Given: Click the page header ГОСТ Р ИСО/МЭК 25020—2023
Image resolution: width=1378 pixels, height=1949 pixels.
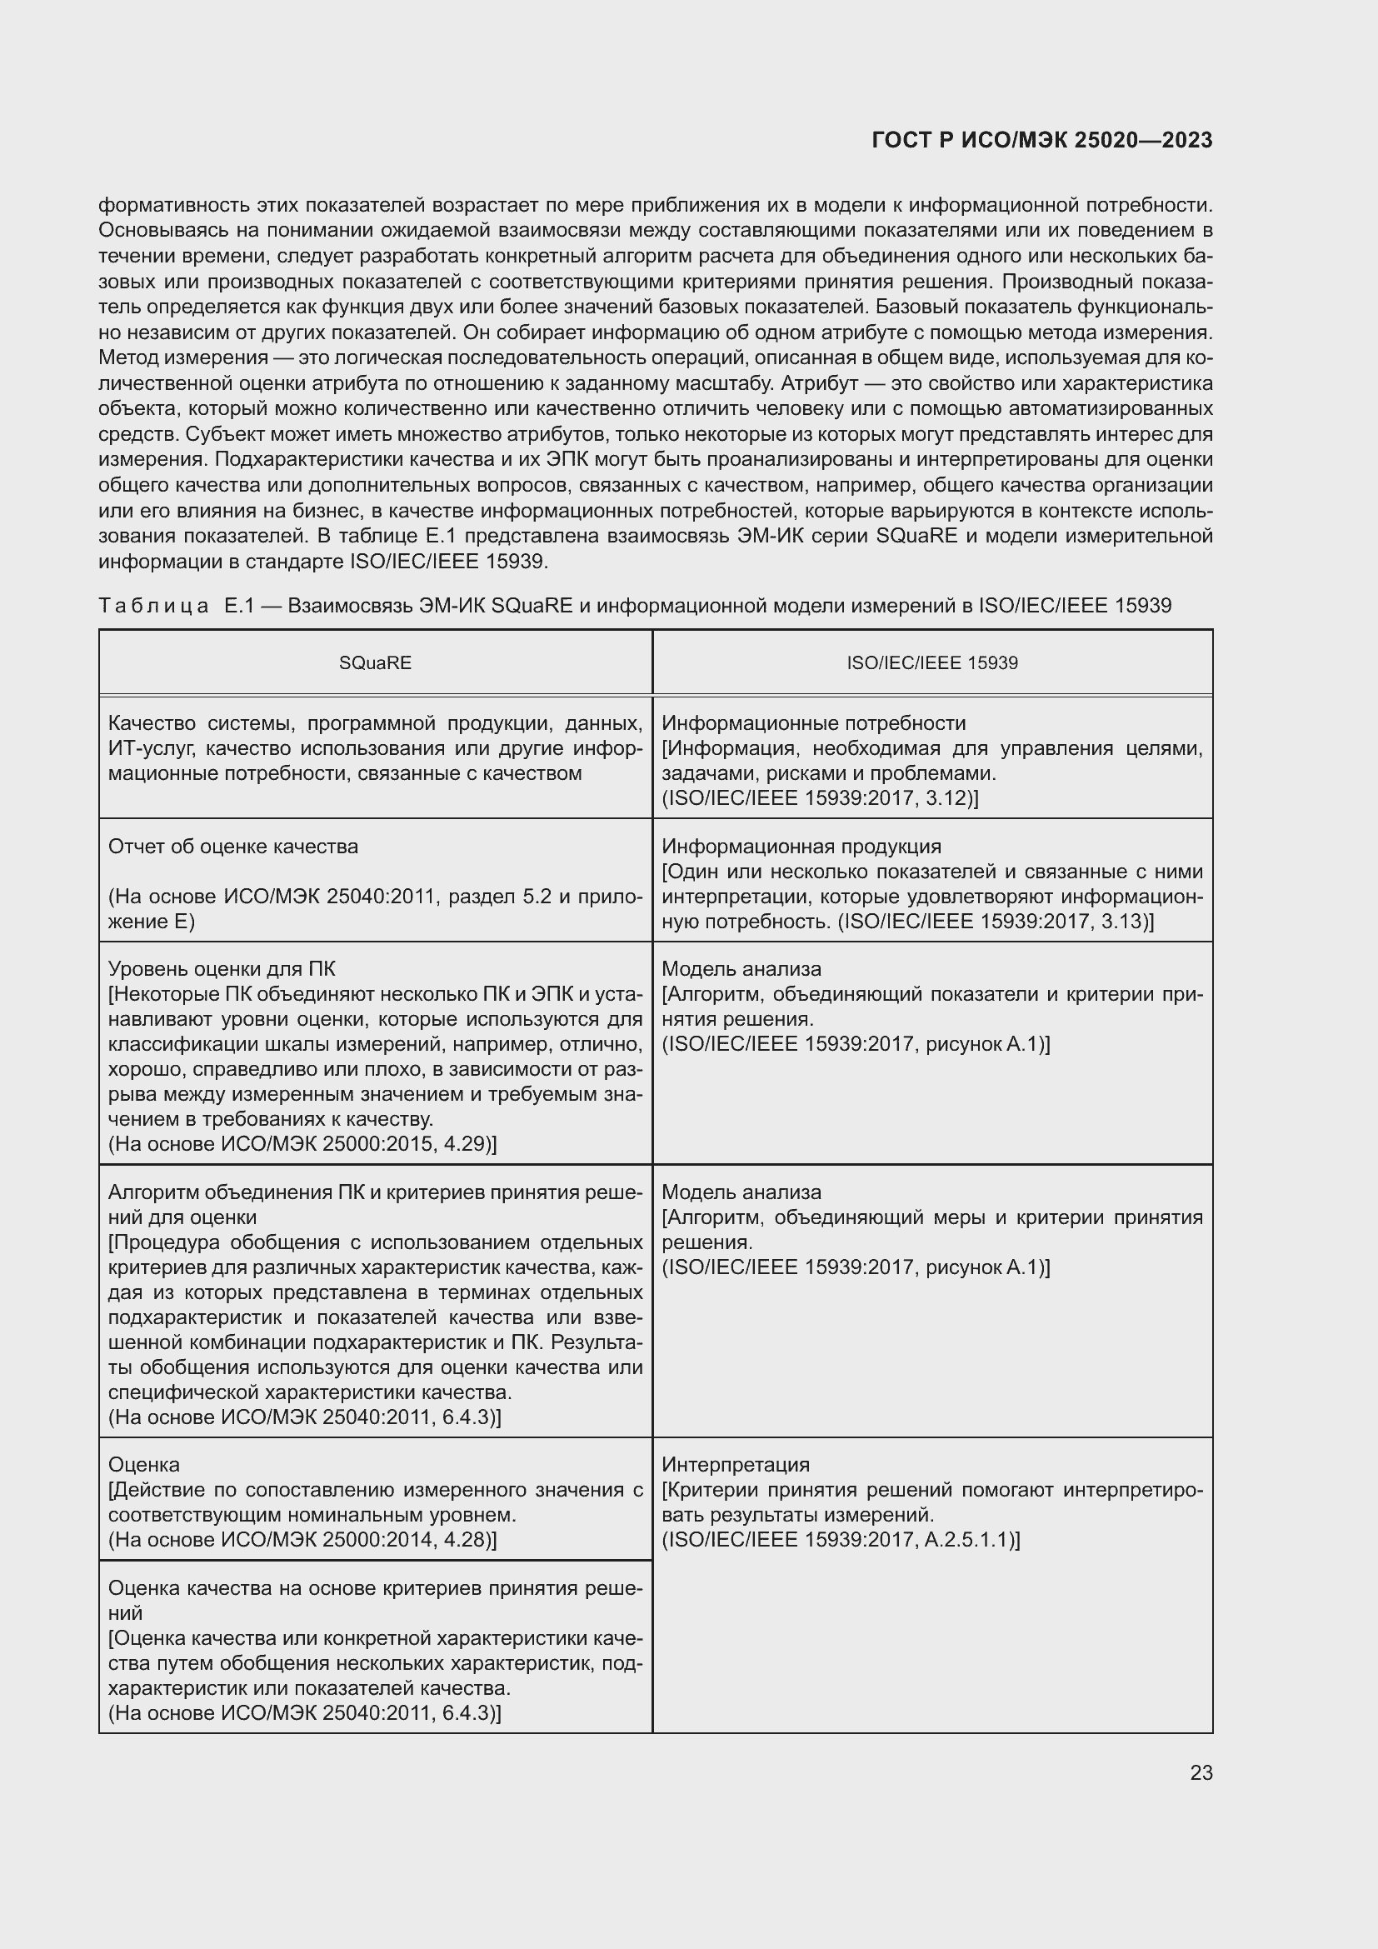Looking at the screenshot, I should click(x=1041, y=141).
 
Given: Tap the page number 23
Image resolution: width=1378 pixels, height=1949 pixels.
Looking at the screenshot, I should click(x=1201, y=1772).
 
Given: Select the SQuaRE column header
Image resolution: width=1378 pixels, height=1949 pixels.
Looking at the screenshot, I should click(x=375, y=663).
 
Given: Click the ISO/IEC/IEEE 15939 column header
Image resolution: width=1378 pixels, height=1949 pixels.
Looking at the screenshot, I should click(x=931, y=663).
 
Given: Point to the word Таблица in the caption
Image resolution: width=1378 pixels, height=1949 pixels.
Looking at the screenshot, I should click(x=153, y=605).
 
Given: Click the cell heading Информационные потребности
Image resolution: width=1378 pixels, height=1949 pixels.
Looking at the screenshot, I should click(x=813, y=723).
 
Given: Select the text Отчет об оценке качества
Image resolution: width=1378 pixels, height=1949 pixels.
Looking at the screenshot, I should click(x=233, y=847).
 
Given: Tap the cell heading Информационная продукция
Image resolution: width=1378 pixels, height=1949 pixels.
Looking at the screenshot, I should click(x=801, y=847).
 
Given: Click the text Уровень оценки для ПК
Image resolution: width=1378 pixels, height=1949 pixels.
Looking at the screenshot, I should click(x=222, y=968).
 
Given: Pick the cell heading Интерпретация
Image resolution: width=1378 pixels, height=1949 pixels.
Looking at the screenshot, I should click(x=736, y=1464).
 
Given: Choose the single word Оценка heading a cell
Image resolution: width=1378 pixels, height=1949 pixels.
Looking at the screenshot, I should click(x=144, y=1464).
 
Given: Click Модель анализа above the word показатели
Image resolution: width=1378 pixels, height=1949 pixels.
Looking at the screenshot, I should click(x=741, y=968).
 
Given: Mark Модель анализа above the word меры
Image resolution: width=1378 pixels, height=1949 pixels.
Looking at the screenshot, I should click(x=741, y=1192).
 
